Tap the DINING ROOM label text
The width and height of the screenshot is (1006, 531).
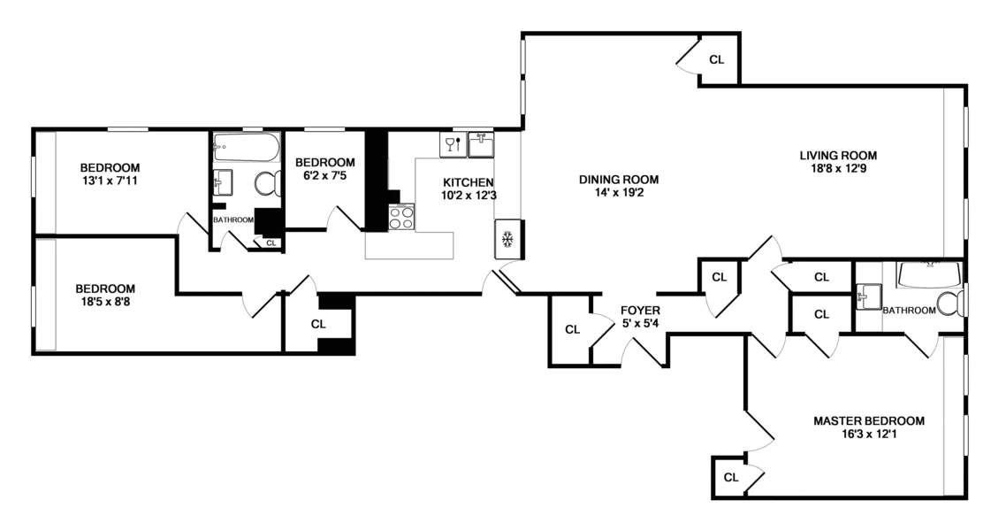tap(619, 179)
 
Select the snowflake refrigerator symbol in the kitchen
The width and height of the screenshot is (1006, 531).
tap(507, 239)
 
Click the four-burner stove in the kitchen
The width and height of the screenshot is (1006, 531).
tap(401, 217)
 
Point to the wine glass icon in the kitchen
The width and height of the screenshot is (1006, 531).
tap(452, 143)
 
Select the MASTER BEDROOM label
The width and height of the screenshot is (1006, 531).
tap(868, 420)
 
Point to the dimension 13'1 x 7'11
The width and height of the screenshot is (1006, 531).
tap(110, 181)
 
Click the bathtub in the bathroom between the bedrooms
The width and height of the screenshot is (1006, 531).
tap(246, 147)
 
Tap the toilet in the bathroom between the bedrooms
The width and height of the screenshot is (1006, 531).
tap(266, 184)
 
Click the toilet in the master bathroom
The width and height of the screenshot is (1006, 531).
tap(951, 303)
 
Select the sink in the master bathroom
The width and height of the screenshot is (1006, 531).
tap(867, 295)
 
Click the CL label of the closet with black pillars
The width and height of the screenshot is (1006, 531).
tap(318, 324)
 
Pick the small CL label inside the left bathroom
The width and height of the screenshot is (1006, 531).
tap(271, 242)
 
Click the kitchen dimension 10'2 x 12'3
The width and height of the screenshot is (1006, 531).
tap(468, 196)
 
